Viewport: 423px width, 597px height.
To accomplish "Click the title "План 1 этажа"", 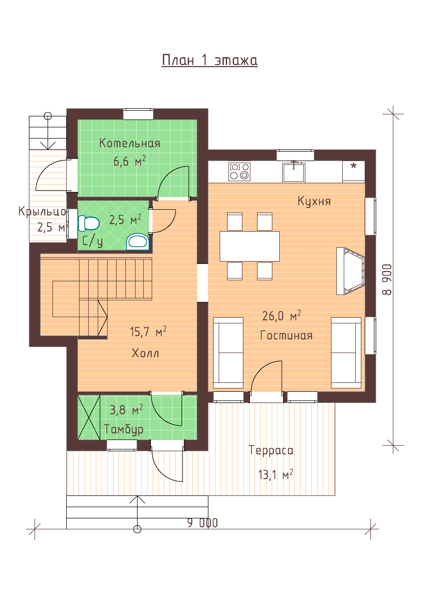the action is coord(210,60).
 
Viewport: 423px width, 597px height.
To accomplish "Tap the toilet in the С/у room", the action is coord(89,223).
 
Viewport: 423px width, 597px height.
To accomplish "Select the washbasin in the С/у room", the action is coord(138,241).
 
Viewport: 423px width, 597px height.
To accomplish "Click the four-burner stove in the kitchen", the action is coord(239,172).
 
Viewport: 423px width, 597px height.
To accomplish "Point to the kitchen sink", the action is coord(294,172).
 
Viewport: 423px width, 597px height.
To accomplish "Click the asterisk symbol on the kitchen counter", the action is coord(353,166).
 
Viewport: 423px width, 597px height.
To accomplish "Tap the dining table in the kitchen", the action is coord(250,246).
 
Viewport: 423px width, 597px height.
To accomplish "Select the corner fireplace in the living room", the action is coord(351,271).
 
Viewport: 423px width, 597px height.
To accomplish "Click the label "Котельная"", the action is coord(129,143).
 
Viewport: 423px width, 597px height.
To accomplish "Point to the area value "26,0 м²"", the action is coord(282,316).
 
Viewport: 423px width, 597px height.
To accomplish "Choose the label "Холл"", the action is coord(145,353).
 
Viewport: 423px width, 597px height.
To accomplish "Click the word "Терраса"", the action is coord(271,450).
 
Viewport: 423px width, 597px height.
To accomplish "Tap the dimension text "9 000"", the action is coord(202,523).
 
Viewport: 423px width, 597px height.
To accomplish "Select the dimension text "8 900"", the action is coord(387,279).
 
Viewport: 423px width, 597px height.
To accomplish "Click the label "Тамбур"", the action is coord(124,429).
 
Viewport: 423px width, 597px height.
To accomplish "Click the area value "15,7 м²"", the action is coord(148,331).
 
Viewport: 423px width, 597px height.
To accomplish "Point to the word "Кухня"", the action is coord(314,201).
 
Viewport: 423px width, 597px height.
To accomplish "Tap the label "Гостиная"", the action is coord(286,335).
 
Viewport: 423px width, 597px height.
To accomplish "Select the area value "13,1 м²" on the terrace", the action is coord(276,474).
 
